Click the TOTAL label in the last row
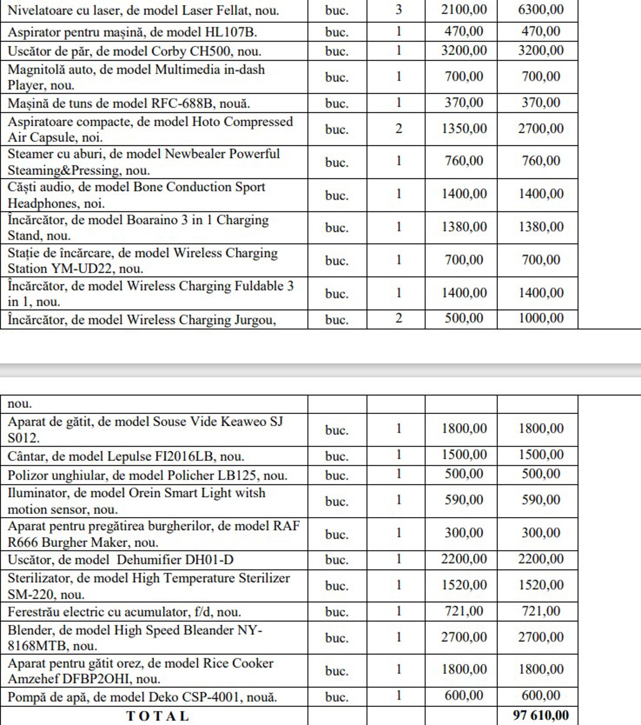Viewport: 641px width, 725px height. point(157,716)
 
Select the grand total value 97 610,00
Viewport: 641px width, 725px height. point(541,715)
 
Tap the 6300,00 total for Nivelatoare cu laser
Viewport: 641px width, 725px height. point(541,10)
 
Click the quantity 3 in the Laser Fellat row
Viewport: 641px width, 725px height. point(399,10)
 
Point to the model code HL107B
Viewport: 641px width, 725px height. point(231,33)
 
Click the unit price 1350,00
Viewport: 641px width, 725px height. point(464,129)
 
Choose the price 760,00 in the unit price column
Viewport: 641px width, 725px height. point(464,161)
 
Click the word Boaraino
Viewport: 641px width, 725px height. point(157,220)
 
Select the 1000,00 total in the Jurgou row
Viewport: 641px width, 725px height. point(541,318)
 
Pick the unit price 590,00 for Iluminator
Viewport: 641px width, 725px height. point(464,500)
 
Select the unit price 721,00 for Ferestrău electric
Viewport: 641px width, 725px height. point(464,611)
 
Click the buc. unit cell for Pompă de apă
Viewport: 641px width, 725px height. point(337,697)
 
